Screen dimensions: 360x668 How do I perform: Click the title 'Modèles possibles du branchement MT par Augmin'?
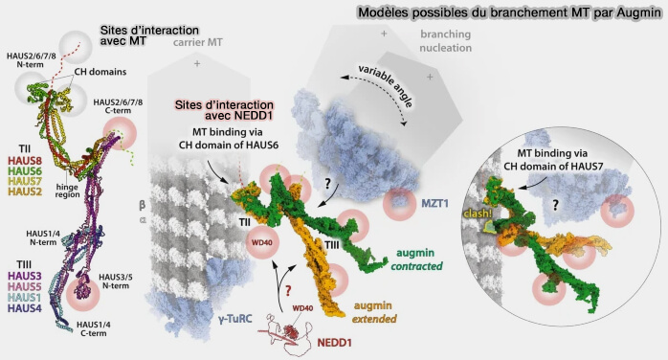pos(504,13)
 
